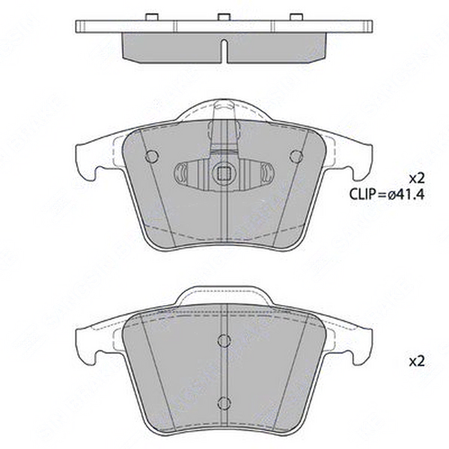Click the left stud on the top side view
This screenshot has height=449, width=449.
[151, 16]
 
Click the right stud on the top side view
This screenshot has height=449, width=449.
[296, 16]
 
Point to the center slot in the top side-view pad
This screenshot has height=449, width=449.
[224, 49]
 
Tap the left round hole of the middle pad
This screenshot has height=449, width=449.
[152, 156]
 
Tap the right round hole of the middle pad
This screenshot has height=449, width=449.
[296, 156]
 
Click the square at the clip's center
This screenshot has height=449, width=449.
[223, 175]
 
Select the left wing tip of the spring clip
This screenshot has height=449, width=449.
[180, 174]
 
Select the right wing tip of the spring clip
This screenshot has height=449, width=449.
[266, 174]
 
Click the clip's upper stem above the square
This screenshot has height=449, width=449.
[223, 135]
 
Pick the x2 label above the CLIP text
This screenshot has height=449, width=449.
[417, 177]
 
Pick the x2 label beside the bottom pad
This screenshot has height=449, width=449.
[417, 361]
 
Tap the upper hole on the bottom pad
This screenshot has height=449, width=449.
[224, 341]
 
